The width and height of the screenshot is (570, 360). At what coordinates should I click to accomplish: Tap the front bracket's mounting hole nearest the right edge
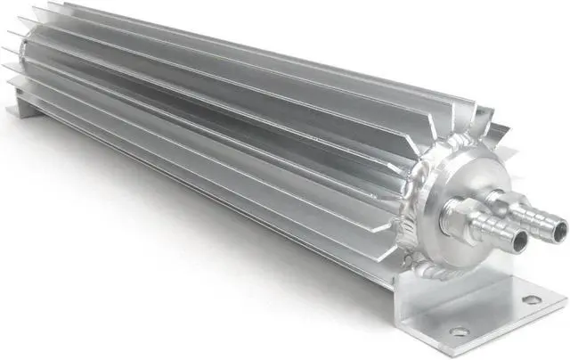[x=532, y=300]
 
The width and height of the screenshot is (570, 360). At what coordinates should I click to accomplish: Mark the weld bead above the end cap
[x=451, y=147]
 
